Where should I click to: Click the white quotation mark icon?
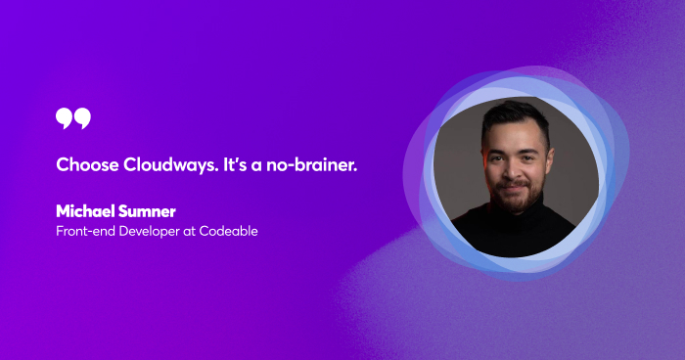point(73,118)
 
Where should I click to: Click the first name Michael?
point(88,210)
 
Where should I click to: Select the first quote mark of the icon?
point(65,118)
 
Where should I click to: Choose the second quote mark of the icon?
point(82,118)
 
